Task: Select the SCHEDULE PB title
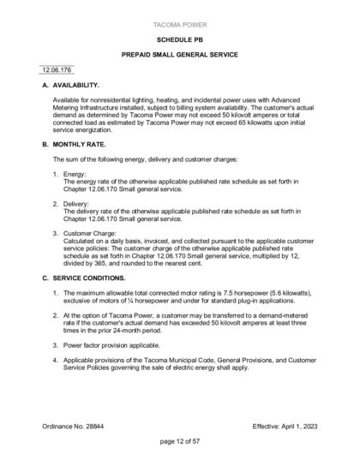pyautogui.click(x=179, y=40)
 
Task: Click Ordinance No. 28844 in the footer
pyautogui.click(x=74, y=425)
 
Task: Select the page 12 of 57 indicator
pyautogui.click(x=179, y=441)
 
